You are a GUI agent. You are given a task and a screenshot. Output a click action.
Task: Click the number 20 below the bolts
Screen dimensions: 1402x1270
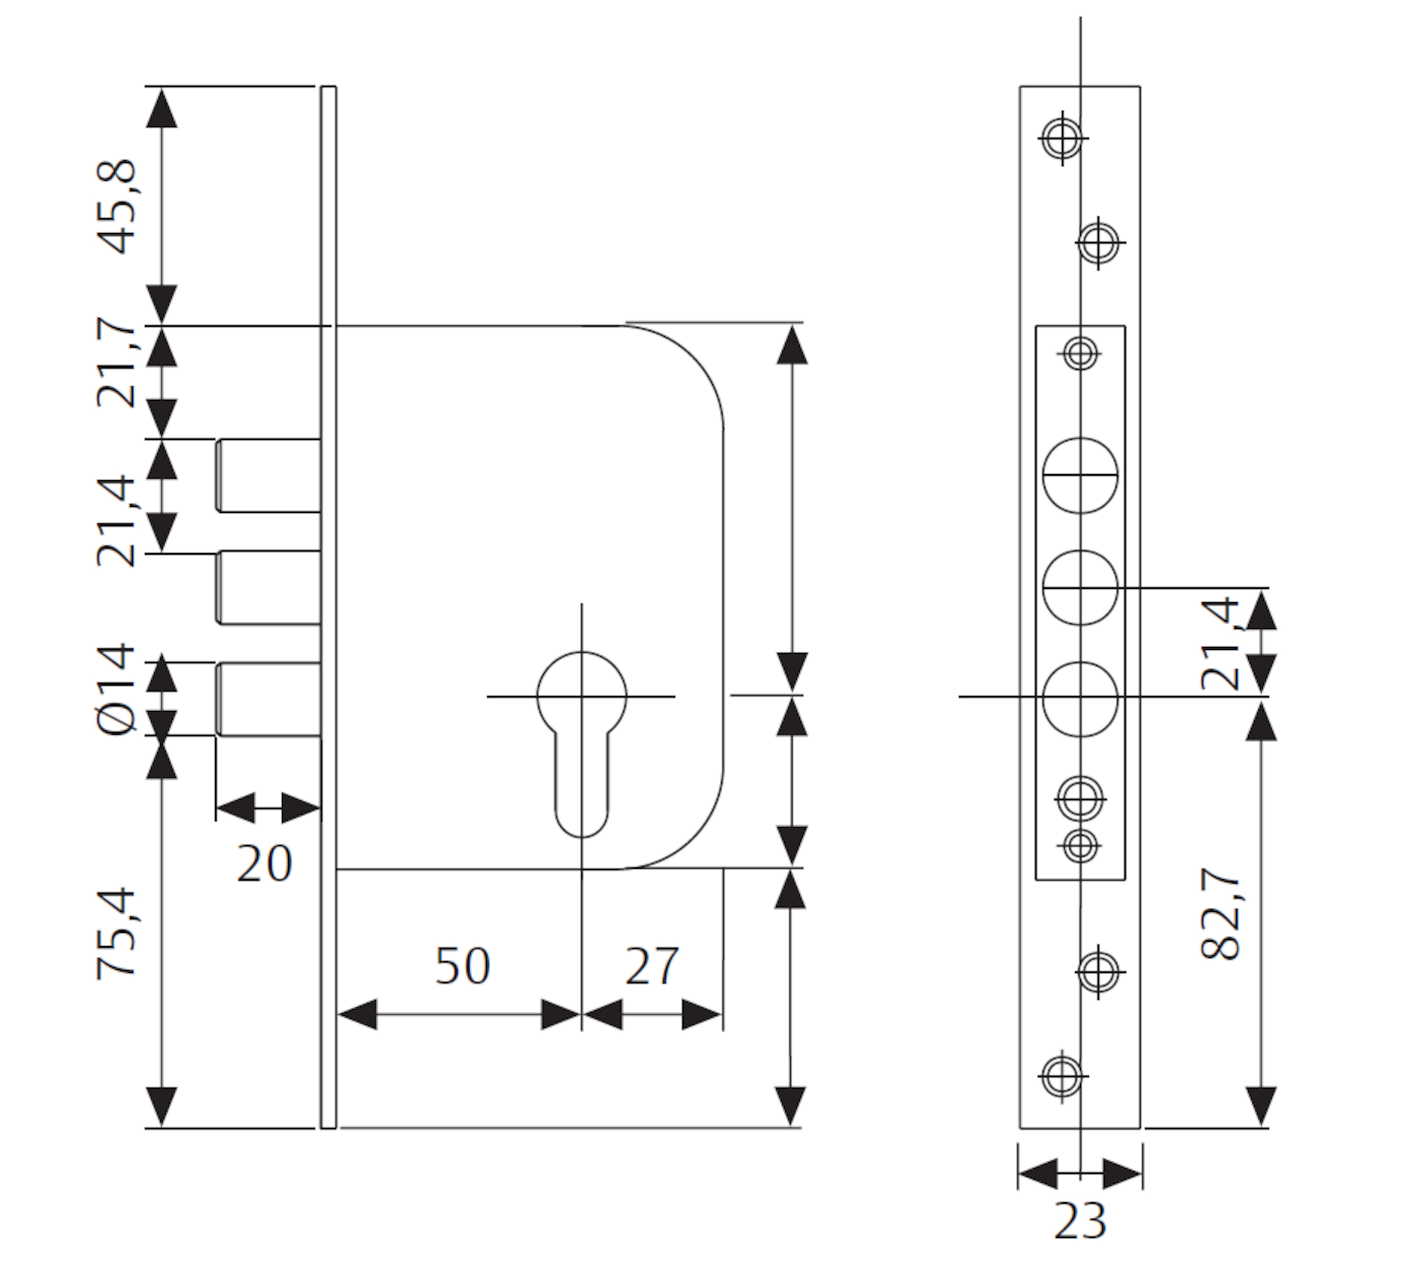pos(264,864)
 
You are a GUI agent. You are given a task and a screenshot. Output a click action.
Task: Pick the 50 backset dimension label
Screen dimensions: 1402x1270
pos(462,965)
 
